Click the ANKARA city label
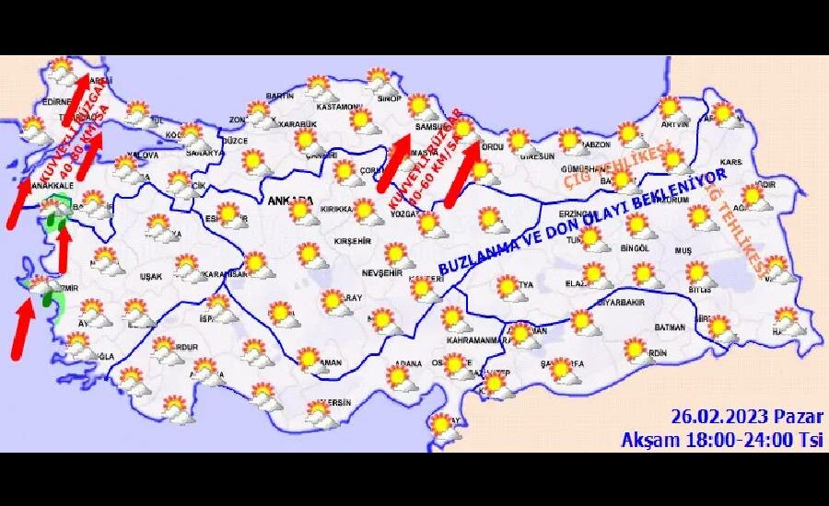click(x=290, y=200)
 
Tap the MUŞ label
click(x=684, y=249)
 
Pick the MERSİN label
click(x=336, y=403)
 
